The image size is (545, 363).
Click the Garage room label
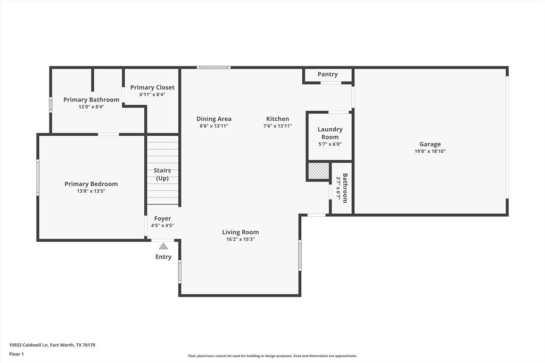(x=430, y=144)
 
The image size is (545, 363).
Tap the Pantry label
(x=327, y=75)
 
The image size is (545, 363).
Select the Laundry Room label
(x=330, y=133)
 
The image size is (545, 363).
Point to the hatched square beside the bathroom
(x=319, y=171)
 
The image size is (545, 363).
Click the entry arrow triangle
(x=163, y=246)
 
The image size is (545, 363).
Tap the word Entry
(x=163, y=257)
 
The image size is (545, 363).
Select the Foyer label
(x=162, y=218)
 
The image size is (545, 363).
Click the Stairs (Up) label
(x=162, y=174)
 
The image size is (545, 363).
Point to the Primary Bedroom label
(x=91, y=184)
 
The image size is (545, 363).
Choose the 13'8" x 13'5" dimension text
(x=91, y=191)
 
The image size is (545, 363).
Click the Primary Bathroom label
(x=92, y=100)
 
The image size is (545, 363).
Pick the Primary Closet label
(x=152, y=87)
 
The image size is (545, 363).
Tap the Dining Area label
(x=214, y=119)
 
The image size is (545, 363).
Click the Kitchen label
(x=277, y=119)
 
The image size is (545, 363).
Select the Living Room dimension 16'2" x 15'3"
(x=241, y=240)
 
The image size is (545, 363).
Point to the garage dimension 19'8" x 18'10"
(x=430, y=151)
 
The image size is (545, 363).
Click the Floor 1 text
(x=16, y=353)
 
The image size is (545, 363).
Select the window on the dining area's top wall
(x=213, y=68)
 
